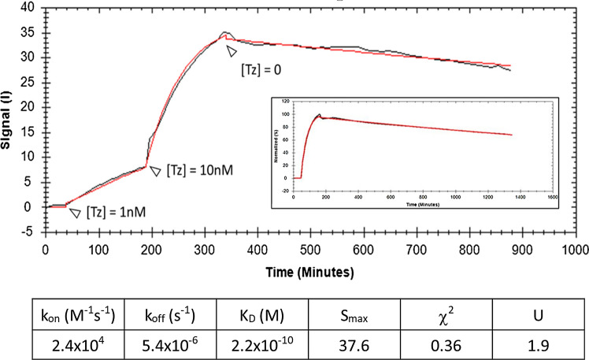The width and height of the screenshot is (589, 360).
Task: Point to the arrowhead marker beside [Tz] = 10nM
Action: [x=155, y=171]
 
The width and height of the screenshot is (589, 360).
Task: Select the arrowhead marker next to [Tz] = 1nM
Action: [x=75, y=213]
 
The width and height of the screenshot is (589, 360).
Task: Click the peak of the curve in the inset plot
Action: [x=320, y=115]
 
